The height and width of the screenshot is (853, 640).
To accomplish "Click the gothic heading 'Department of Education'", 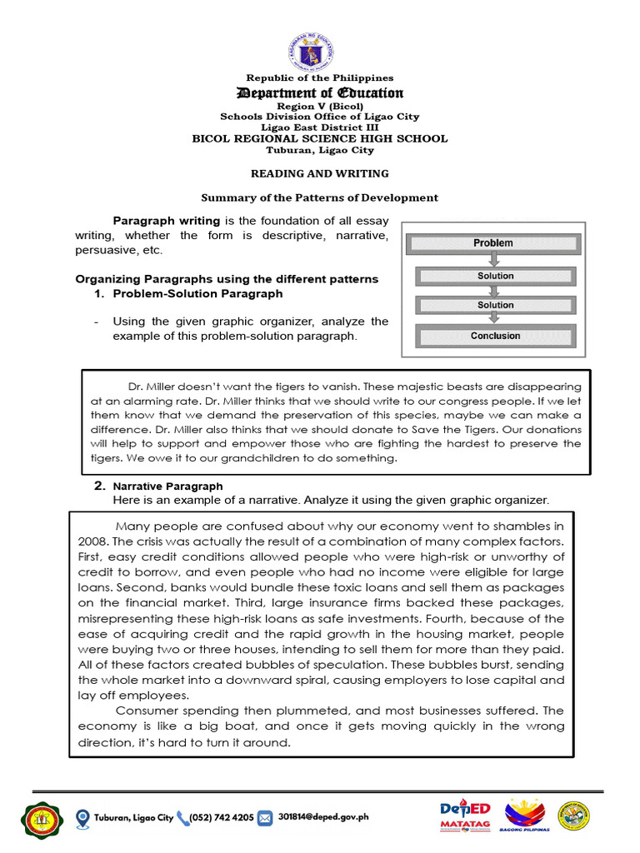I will pos(320,93).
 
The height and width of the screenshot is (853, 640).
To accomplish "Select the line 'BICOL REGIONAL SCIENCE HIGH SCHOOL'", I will pos(320,138).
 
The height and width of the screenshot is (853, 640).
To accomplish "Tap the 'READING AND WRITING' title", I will pos(320,173).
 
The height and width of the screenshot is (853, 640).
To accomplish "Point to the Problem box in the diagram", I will pos(493,243).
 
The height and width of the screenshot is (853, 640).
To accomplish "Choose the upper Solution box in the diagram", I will pos(496,276).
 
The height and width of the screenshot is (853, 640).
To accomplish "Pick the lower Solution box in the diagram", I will pos(496,306).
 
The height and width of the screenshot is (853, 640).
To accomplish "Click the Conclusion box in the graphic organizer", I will pos(495,337).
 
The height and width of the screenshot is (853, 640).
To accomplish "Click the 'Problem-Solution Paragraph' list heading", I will pos(197,293).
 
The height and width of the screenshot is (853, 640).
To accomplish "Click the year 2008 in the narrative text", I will pos(90,541).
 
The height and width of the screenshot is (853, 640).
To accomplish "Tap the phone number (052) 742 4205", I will pos(221,817).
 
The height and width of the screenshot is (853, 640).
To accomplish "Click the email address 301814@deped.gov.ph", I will pos(323,817).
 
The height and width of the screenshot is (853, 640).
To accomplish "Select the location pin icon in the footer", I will pos(82,817).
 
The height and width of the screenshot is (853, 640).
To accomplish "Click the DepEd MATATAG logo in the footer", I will pos(465,816).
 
